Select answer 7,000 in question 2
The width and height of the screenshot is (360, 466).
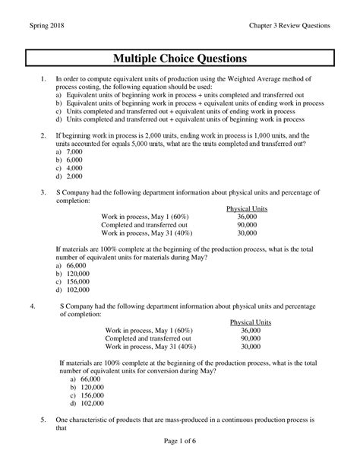[x=75, y=152]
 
